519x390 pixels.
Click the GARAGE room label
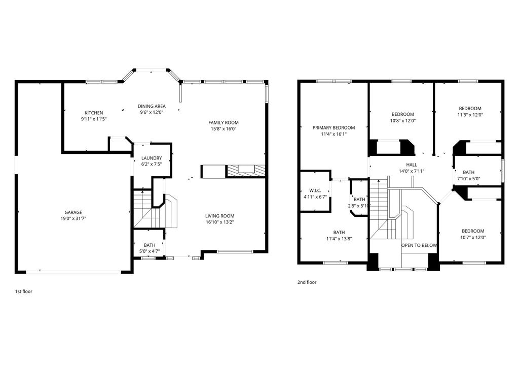click(73, 212)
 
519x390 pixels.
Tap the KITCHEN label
click(94, 113)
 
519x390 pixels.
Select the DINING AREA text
click(152, 106)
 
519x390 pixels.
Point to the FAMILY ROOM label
click(224, 122)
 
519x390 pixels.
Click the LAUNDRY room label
click(152, 158)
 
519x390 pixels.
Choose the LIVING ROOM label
click(220, 216)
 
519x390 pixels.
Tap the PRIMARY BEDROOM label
click(333, 127)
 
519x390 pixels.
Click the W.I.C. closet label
click(315, 190)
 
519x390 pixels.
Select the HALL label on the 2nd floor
click(412, 165)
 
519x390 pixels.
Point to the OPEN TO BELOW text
click(419, 245)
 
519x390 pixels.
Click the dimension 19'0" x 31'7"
click(73, 218)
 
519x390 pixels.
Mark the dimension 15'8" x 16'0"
click(224, 128)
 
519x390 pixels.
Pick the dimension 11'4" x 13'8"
click(339, 239)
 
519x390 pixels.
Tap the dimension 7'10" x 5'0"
click(469, 178)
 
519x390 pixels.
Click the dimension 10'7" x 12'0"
click(473, 238)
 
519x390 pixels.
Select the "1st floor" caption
click(23, 291)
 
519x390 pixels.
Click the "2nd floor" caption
click(307, 282)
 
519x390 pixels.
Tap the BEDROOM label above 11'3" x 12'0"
click(470, 109)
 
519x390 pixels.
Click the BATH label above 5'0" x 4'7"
click(150, 245)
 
